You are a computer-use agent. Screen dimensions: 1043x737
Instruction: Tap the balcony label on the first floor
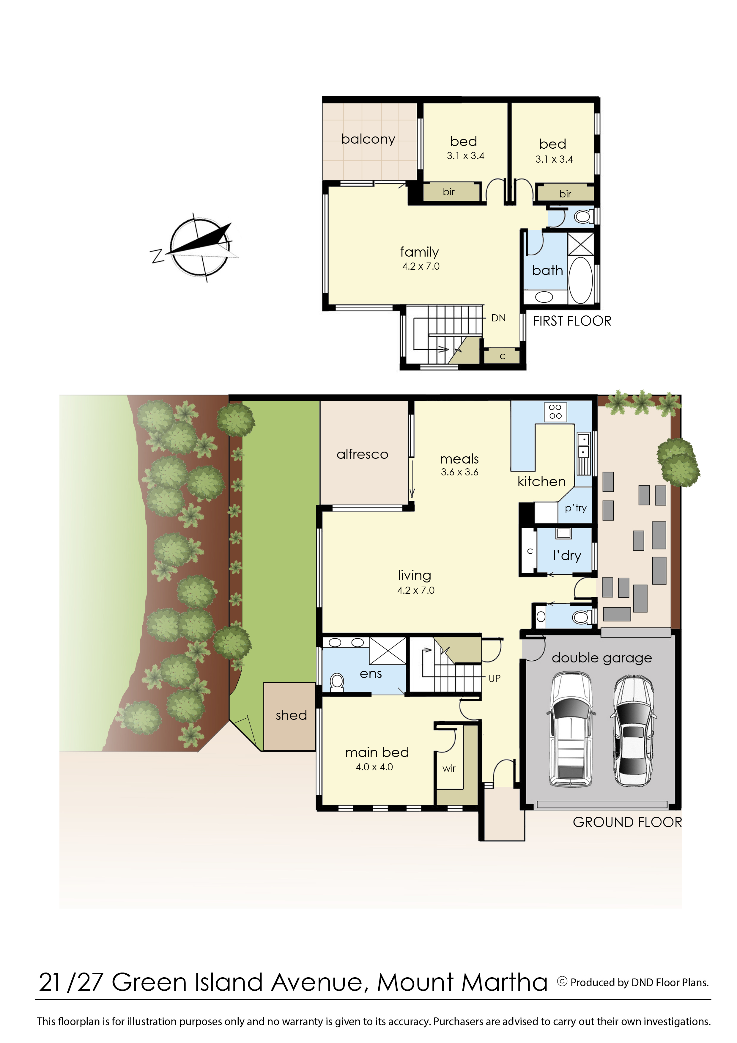coord(368,139)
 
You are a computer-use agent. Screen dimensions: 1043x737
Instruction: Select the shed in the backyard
coord(291,715)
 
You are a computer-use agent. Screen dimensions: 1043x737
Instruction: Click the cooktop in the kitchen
coord(555,411)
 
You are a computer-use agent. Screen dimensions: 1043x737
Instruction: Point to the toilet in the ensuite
coord(336,682)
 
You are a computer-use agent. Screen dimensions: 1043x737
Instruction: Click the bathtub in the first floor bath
coord(581,280)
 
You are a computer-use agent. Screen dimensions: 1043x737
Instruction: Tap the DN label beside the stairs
coord(498,318)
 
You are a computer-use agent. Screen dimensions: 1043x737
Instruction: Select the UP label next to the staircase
coord(495,679)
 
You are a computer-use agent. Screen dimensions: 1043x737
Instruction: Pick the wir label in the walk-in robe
coord(449,768)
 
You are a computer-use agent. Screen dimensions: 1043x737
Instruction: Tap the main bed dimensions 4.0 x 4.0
coord(374,767)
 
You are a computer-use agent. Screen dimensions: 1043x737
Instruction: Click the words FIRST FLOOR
coord(572,321)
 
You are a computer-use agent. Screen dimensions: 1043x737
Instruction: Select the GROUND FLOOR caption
coord(627,822)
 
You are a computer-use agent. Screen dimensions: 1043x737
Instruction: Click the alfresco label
coord(362,454)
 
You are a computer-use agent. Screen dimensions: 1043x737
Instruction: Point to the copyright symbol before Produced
coord(562,982)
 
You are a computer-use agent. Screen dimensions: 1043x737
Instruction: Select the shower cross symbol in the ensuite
coord(387,651)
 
